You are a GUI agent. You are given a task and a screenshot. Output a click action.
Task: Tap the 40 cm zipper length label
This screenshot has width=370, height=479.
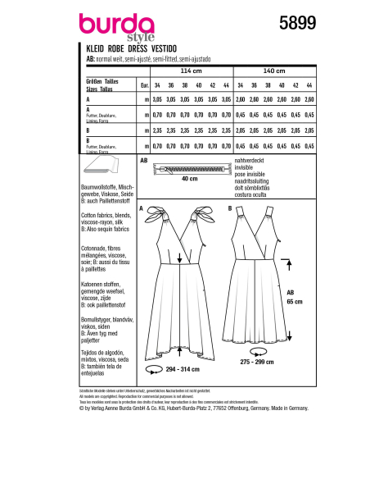pos(190,178)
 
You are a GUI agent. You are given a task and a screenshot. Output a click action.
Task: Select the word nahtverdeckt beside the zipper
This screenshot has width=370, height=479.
pos(250,162)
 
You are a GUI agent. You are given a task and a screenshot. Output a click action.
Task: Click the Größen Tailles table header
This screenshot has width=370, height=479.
pos(102,84)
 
